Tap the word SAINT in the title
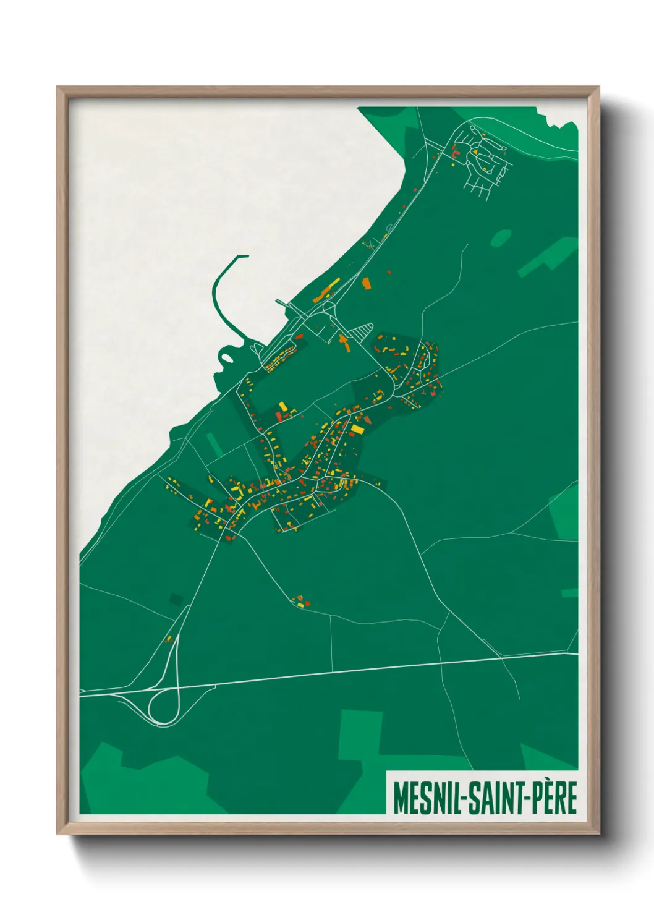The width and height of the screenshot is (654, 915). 495,798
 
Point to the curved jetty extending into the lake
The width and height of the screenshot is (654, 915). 217,291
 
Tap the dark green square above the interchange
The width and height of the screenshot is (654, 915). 177,598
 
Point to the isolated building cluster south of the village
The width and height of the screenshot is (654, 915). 300,600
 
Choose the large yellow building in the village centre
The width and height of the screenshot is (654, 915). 358,428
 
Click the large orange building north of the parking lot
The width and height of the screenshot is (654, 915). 366,283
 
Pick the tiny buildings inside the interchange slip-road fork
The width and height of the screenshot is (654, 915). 168,639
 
